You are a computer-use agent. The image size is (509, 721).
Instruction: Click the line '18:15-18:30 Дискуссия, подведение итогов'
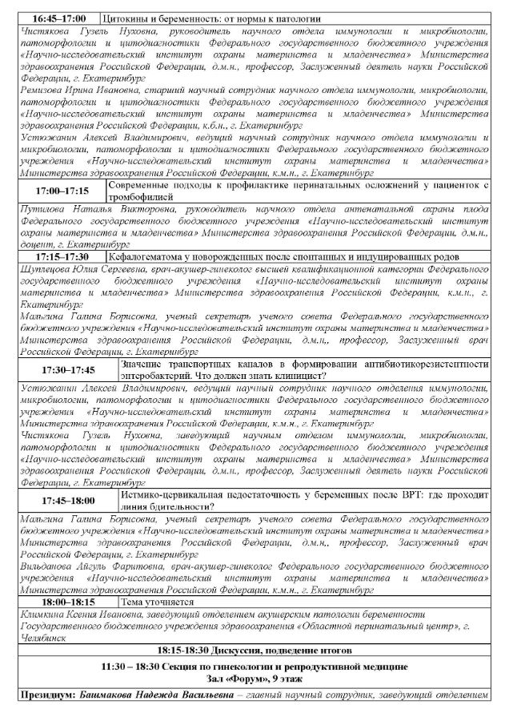click(x=254, y=650)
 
